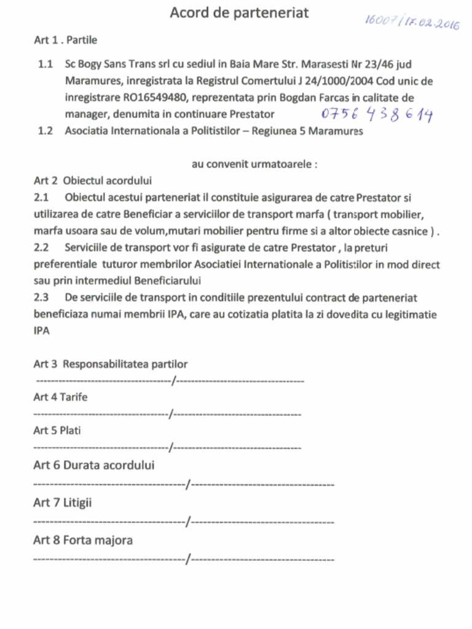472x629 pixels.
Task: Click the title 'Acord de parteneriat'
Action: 239,12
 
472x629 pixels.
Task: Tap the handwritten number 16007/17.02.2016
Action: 412,21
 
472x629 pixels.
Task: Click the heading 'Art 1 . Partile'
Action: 65,41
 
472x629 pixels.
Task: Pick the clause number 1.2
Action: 45,131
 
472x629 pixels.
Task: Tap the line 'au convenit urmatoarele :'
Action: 254,165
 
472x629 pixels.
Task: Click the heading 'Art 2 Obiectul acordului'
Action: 92,181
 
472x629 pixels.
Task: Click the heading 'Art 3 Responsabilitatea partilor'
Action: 110,364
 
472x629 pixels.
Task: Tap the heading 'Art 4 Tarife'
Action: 60,397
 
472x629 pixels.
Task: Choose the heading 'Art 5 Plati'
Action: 57,431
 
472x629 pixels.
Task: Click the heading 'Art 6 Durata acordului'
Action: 93,465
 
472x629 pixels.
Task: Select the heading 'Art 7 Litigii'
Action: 62,503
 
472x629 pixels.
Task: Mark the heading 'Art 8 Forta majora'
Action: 82,541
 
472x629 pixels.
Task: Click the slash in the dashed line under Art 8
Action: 189,559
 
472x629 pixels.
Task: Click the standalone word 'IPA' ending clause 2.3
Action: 41,330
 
